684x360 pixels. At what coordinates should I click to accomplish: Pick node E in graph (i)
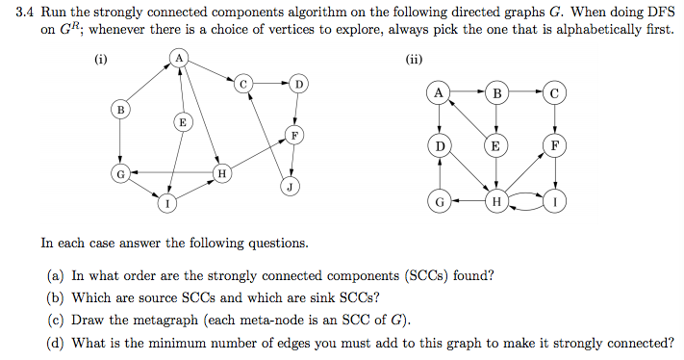point(183,122)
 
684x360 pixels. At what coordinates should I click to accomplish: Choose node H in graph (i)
point(222,173)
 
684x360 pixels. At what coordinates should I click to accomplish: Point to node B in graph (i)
point(120,111)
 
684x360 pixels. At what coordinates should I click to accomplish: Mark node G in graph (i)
point(120,173)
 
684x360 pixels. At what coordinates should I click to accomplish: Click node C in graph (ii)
point(554,93)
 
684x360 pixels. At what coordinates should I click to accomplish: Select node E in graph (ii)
point(495,146)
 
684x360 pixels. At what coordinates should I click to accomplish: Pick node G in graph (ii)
point(440,202)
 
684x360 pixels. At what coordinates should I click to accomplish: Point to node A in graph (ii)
point(440,93)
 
